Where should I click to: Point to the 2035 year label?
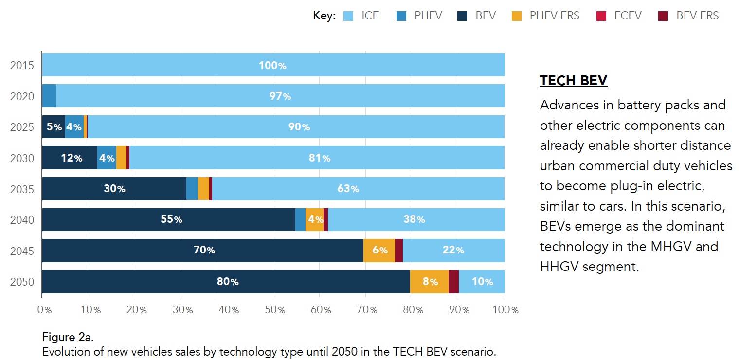(22, 189)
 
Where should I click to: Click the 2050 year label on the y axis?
(22, 282)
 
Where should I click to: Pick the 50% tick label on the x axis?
(273, 310)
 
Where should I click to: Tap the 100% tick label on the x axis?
(505, 310)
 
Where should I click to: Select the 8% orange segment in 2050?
(430, 282)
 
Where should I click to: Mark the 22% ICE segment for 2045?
(453, 251)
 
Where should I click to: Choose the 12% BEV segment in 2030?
(70, 158)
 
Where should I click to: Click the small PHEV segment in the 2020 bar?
(49, 96)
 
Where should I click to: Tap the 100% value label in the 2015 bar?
(272, 65)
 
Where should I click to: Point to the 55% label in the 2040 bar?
(171, 220)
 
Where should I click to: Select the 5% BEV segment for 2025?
(54, 127)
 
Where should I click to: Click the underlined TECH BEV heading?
(574, 80)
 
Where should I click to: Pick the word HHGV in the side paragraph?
(559, 266)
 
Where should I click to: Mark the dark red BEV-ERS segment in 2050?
(453, 282)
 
